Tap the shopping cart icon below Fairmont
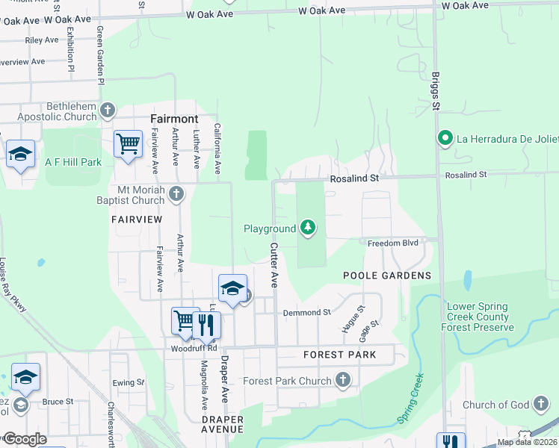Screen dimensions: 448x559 (128, 143)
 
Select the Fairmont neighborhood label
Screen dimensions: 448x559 (174, 119)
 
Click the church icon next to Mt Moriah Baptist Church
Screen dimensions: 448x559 (176, 195)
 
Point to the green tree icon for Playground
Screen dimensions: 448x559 (308, 228)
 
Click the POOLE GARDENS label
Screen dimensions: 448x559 (387, 276)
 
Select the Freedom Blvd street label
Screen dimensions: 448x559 (392, 243)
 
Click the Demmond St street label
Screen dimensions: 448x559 (306, 312)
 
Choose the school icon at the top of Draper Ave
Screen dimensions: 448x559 (232, 287)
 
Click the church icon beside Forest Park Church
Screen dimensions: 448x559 (343, 381)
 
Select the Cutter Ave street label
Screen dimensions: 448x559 (274, 266)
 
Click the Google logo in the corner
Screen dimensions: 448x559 (24, 439)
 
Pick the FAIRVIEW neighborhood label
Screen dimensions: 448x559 (136, 220)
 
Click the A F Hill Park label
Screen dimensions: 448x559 (72, 162)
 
